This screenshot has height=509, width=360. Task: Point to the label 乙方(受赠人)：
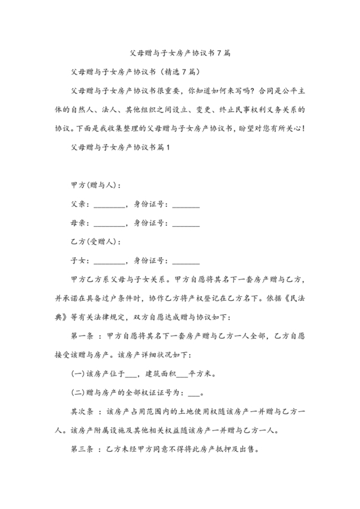coord(95,242)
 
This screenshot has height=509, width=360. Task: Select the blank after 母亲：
coord(111,224)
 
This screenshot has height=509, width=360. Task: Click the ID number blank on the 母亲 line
coord(186,224)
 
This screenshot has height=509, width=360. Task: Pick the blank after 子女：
coord(111,262)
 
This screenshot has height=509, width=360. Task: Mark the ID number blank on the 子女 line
coord(186,262)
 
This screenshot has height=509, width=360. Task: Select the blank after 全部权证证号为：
coord(194,393)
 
